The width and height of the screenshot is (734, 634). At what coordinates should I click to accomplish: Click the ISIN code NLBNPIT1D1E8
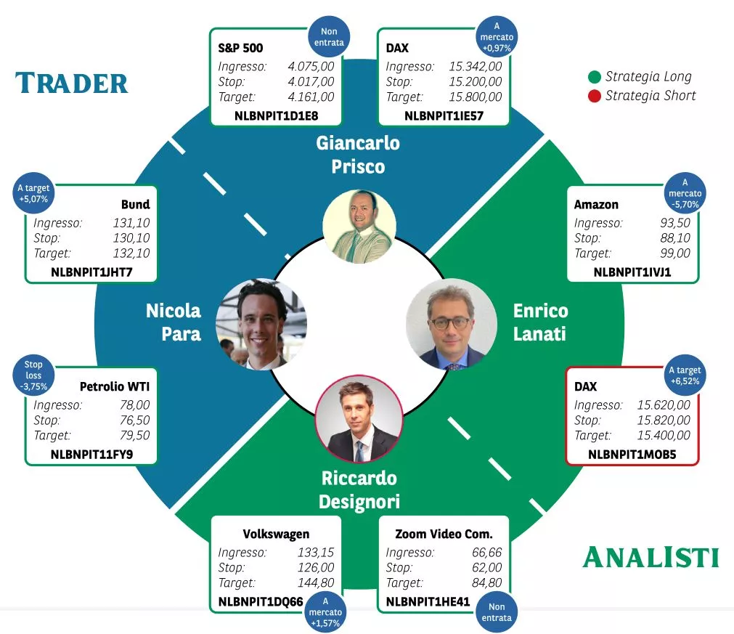[276, 115]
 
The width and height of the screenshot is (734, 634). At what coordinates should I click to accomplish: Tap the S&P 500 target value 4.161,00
[311, 97]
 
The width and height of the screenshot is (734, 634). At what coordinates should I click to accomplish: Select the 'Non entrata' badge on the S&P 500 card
[329, 37]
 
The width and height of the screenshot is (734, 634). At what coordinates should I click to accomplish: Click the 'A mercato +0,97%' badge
[497, 37]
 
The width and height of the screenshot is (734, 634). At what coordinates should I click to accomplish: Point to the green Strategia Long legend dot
[594, 77]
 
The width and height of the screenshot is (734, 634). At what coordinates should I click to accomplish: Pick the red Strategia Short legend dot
[594, 96]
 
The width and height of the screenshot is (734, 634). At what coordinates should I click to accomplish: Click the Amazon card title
[596, 205]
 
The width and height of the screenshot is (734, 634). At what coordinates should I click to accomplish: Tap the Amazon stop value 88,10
[675, 238]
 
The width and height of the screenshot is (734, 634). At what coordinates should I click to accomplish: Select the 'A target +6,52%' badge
[685, 375]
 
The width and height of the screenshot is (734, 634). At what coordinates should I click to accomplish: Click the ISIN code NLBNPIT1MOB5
[632, 454]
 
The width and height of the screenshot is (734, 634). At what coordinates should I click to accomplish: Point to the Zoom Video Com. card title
[444, 534]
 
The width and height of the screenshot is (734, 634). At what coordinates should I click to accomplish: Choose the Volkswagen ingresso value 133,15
[316, 553]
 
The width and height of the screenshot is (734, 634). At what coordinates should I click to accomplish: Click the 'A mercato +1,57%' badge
[325, 612]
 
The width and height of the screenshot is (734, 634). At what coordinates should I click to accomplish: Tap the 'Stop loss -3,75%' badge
[33, 375]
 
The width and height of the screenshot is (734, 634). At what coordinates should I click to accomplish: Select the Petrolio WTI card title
[115, 386]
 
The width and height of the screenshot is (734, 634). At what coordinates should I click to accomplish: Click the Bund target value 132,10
[131, 253]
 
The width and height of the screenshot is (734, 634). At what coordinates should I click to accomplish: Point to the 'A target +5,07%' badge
[33, 193]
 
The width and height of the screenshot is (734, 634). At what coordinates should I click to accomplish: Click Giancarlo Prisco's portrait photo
[359, 227]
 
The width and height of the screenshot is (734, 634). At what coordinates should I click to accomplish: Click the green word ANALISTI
[651, 557]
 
